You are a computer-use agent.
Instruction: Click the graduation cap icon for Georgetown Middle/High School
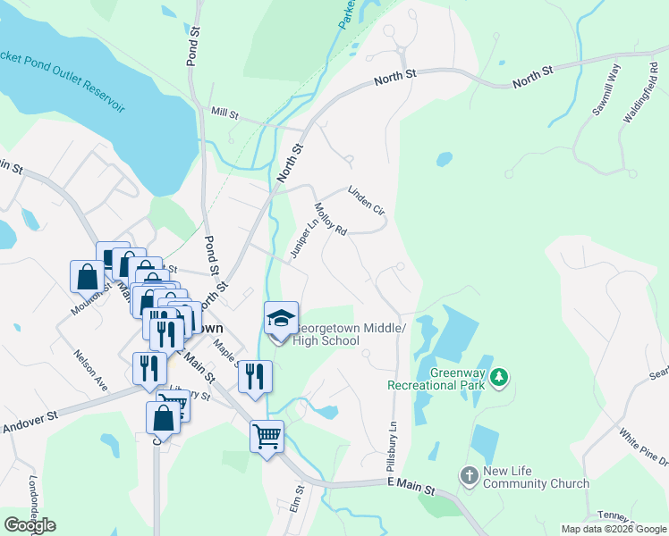(281, 319)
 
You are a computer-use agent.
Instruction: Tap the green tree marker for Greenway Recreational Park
(499, 379)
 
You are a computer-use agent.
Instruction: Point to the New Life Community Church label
(536, 478)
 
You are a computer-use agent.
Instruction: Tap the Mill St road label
(224, 113)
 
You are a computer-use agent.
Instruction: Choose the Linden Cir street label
(366, 201)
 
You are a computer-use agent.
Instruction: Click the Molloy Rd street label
(330, 219)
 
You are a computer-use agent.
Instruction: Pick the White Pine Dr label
(644, 446)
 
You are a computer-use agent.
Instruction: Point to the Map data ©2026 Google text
(614, 529)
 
